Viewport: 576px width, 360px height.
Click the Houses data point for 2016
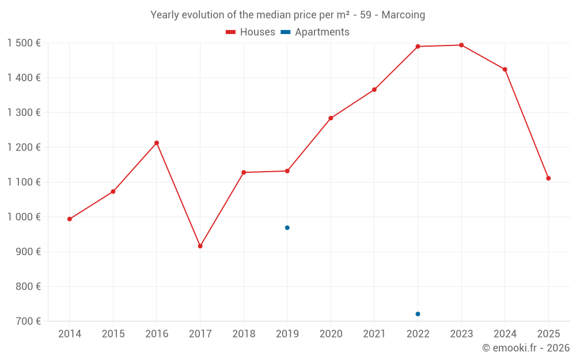(x=157, y=143)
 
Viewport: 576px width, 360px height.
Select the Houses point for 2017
(x=200, y=246)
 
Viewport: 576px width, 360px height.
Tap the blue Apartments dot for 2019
(x=287, y=228)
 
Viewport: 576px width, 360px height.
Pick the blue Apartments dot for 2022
(x=418, y=314)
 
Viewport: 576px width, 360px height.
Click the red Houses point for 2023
(x=461, y=45)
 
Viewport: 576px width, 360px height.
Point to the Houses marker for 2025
(x=548, y=179)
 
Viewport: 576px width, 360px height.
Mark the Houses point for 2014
(x=70, y=219)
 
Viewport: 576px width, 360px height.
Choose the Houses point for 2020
(x=331, y=118)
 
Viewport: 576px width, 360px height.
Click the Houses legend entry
(x=251, y=32)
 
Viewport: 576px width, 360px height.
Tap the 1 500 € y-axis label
(x=24, y=43)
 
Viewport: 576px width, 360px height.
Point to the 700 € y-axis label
(x=28, y=321)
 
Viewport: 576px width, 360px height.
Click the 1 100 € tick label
(x=24, y=182)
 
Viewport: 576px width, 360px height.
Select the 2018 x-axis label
(x=244, y=334)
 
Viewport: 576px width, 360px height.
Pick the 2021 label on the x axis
(x=374, y=334)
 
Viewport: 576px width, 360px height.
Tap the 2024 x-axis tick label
(x=505, y=334)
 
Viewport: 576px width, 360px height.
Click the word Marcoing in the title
(x=403, y=15)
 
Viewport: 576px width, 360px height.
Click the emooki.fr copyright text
(x=525, y=348)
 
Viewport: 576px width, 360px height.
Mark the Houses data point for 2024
(x=505, y=70)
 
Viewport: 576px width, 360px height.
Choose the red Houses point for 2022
(x=418, y=47)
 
